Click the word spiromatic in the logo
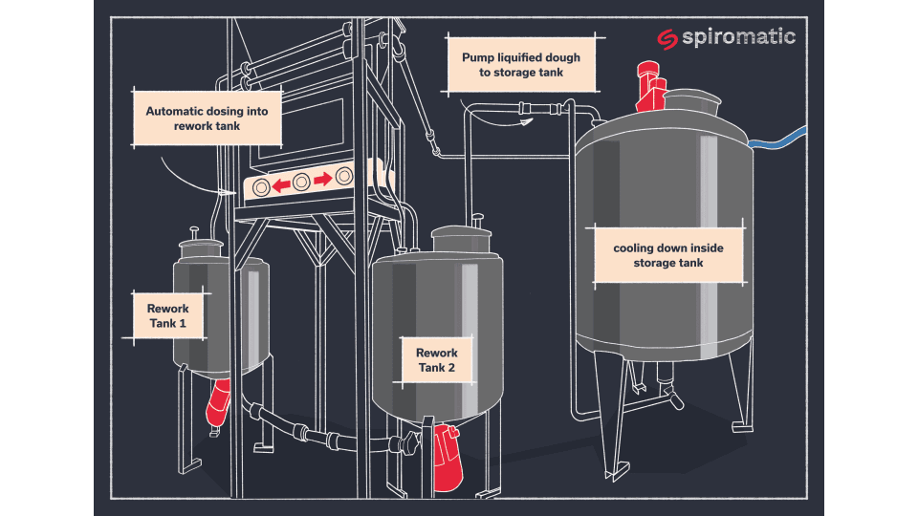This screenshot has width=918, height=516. [x=737, y=37]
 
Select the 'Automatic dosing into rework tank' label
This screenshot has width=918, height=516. [x=208, y=118]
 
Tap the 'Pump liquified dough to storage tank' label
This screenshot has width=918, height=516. [x=521, y=65]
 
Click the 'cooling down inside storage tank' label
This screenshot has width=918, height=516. [x=668, y=255]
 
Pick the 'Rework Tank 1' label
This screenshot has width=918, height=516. [x=167, y=316]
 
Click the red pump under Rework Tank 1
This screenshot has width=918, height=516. [x=218, y=400]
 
